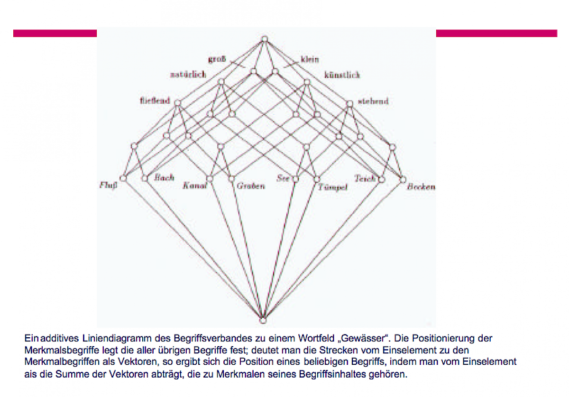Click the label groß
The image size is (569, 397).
coord(217,60)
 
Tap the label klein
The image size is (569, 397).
coord(310,60)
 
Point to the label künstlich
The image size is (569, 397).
coord(342,75)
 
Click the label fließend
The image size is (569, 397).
coord(155,101)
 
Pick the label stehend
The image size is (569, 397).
coord(373,101)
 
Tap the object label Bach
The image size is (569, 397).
coord(165,178)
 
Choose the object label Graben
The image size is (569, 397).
coord(250,186)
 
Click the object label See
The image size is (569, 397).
coord(283,178)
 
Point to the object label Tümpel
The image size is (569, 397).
coord(333,187)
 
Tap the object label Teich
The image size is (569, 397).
coord(365,178)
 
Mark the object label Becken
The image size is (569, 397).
coord(421,186)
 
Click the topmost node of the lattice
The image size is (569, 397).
coord(265,39)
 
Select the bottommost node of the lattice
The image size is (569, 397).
coord(264,320)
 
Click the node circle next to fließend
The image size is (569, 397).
coord(178,103)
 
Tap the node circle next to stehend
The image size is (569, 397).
coord(349,103)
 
